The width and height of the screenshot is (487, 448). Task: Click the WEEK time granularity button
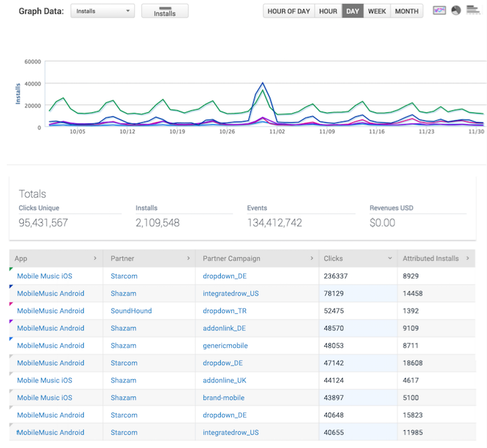click(377, 11)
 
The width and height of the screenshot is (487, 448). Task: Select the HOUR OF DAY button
click(289, 11)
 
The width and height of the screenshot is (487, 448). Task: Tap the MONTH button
click(406, 11)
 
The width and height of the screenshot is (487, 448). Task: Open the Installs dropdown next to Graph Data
click(102, 11)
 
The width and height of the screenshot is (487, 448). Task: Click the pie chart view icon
click(456, 11)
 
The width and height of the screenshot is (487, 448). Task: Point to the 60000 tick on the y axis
click(32, 61)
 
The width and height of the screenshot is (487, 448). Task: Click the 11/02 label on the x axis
click(277, 131)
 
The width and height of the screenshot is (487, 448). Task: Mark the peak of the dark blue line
click(263, 83)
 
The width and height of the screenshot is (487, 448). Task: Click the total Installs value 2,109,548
click(157, 223)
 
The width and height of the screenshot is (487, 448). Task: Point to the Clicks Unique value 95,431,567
click(43, 223)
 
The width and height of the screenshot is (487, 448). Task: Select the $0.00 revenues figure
click(383, 223)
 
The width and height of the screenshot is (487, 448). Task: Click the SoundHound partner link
click(131, 311)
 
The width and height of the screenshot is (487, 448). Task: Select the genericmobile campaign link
click(225, 346)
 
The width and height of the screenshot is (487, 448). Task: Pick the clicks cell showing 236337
click(336, 276)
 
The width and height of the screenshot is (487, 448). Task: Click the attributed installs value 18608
click(412, 363)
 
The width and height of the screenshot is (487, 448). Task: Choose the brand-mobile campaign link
click(223, 398)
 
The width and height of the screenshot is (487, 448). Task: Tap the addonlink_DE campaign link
click(224, 328)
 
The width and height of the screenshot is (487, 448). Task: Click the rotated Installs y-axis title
click(18, 94)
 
